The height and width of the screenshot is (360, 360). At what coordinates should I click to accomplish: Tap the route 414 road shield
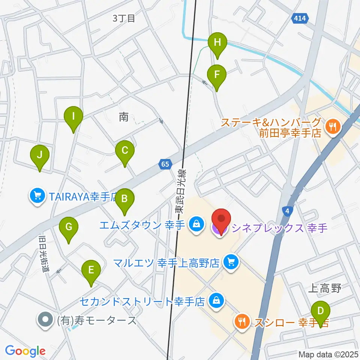click(x=300, y=18)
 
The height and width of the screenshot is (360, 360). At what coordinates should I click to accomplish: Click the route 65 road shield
click(x=166, y=164)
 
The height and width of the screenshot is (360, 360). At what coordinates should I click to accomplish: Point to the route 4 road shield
click(x=287, y=212)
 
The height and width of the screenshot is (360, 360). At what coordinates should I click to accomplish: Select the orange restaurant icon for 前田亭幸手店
click(x=332, y=126)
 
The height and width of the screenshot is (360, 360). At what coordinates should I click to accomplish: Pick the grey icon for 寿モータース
click(x=45, y=320)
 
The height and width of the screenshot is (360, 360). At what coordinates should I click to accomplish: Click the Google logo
click(x=25, y=351)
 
